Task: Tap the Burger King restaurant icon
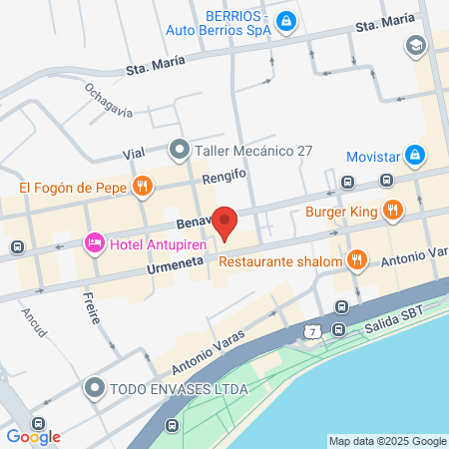click(394, 210)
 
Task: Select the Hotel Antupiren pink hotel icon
click(95, 242)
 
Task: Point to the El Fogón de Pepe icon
click(144, 186)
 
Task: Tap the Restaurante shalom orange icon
click(356, 261)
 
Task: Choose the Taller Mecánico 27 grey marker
click(180, 151)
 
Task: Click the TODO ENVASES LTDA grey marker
click(95, 386)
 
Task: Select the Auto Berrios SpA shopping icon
click(285, 20)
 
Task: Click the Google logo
click(33, 436)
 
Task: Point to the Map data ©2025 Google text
click(388, 441)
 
